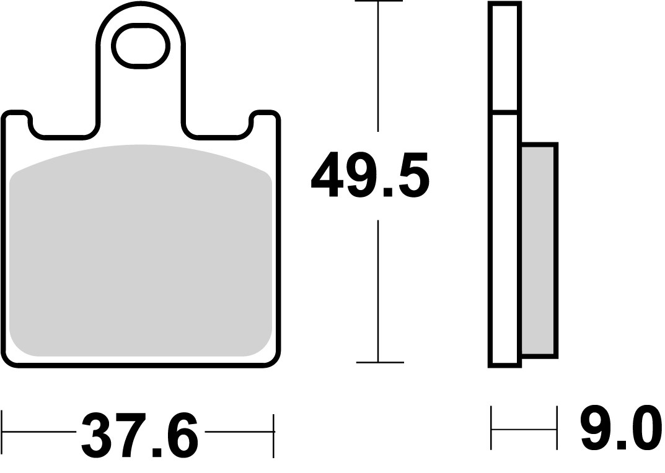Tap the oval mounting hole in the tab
(x=141, y=45)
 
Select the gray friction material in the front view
(x=141, y=251)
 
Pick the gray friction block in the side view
(x=539, y=251)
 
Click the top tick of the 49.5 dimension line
(x=377, y=2)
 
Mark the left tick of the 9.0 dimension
(x=491, y=428)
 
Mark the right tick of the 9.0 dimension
(x=556, y=428)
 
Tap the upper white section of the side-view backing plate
(x=504, y=57)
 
